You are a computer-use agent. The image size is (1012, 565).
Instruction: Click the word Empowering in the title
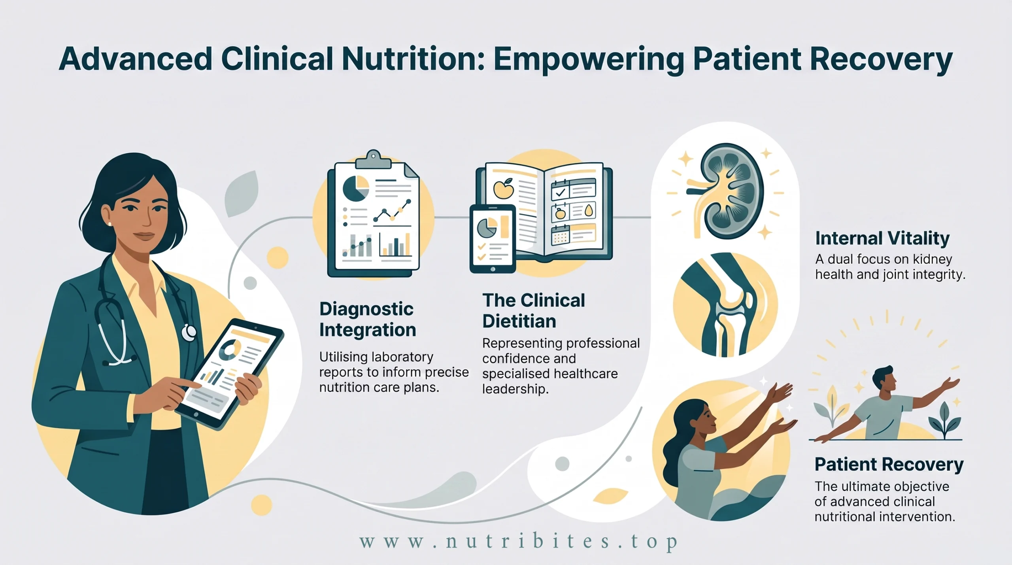[x=589, y=59]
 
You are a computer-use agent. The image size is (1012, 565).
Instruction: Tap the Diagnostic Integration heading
[x=368, y=319]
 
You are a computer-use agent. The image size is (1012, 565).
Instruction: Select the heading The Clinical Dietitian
[x=533, y=311]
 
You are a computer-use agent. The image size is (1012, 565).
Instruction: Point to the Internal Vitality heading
[x=882, y=238]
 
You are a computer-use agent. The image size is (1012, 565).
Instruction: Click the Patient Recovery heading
[x=889, y=465]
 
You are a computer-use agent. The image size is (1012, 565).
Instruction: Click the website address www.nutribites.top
[x=519, y=542]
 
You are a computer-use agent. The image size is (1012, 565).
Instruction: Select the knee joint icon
[x=726, y=305]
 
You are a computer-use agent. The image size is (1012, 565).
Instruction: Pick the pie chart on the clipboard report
[x=356, y=189]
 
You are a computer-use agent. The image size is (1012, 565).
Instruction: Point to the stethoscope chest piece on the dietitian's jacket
[x=189, y=333]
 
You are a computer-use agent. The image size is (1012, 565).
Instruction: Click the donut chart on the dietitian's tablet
[x=230, y=350]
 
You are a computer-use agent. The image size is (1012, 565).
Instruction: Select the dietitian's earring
[x=110, y=224]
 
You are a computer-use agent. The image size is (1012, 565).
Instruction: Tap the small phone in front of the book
[x=493, y=239]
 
